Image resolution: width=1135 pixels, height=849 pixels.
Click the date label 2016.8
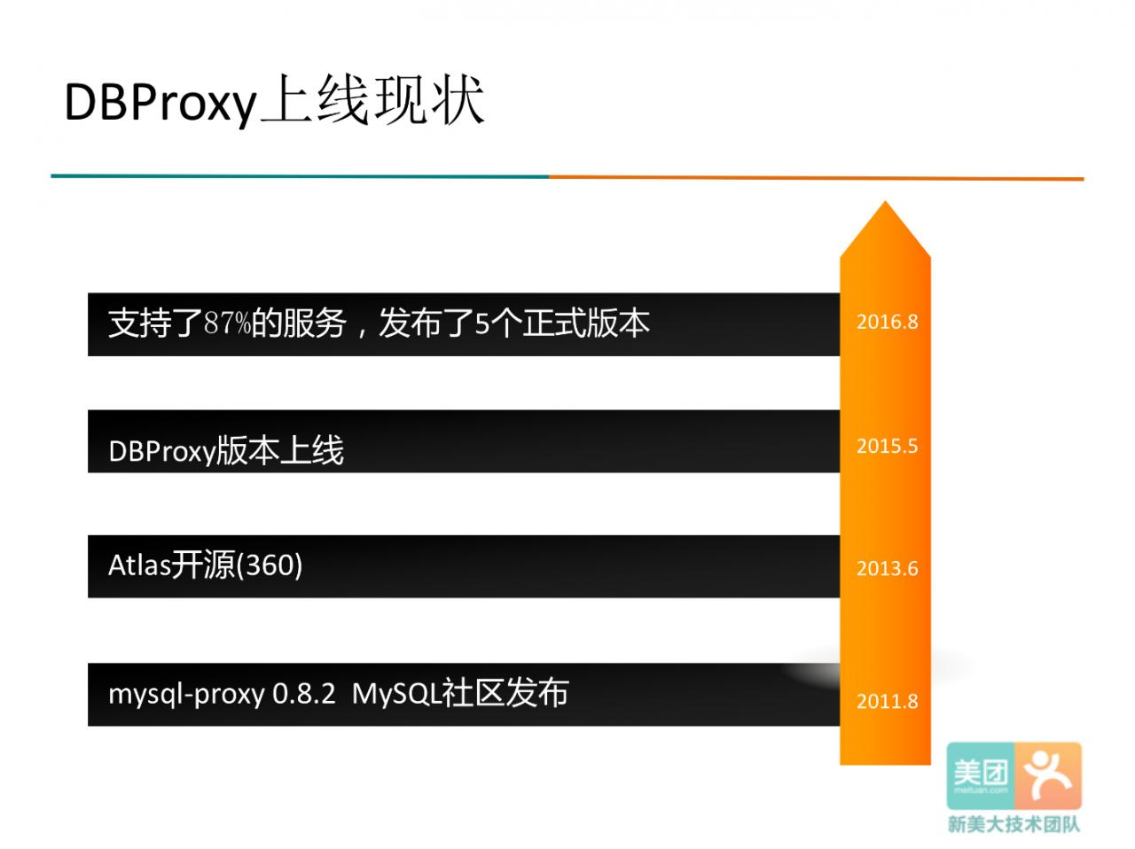pos(888,322)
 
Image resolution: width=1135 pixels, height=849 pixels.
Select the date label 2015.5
pos(888,446)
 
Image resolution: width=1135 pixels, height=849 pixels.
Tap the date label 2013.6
pos(888,568)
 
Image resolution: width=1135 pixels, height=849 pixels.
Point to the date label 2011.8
pos(888,701)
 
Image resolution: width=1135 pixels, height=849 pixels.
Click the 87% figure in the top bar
pos(227,323)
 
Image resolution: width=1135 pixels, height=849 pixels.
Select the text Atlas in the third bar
pos(139,565)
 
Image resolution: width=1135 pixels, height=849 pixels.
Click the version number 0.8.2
pos(304,693)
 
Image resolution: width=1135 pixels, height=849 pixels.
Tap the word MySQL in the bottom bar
pos(396,693)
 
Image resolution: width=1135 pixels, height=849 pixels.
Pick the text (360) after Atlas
pos(269,565)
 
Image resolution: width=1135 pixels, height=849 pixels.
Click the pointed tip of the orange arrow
pos(885,201)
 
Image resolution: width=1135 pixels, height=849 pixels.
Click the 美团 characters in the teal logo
pos(981,773)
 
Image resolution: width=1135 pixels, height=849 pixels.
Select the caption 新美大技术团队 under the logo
pos(1014,825)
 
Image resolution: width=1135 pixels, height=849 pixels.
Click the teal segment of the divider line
pos(300,176)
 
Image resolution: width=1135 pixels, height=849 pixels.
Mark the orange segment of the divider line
pos(817,178)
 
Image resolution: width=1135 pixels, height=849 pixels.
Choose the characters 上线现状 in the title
pos(373,101)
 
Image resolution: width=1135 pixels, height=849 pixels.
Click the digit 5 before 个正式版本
pos(481,324)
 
